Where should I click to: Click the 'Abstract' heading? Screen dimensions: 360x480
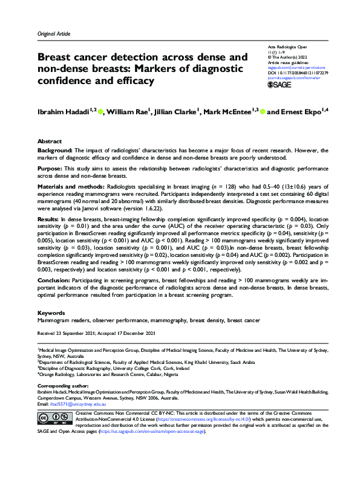tap(50, 140)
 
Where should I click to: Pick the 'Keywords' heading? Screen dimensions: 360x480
tap(51, 313)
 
